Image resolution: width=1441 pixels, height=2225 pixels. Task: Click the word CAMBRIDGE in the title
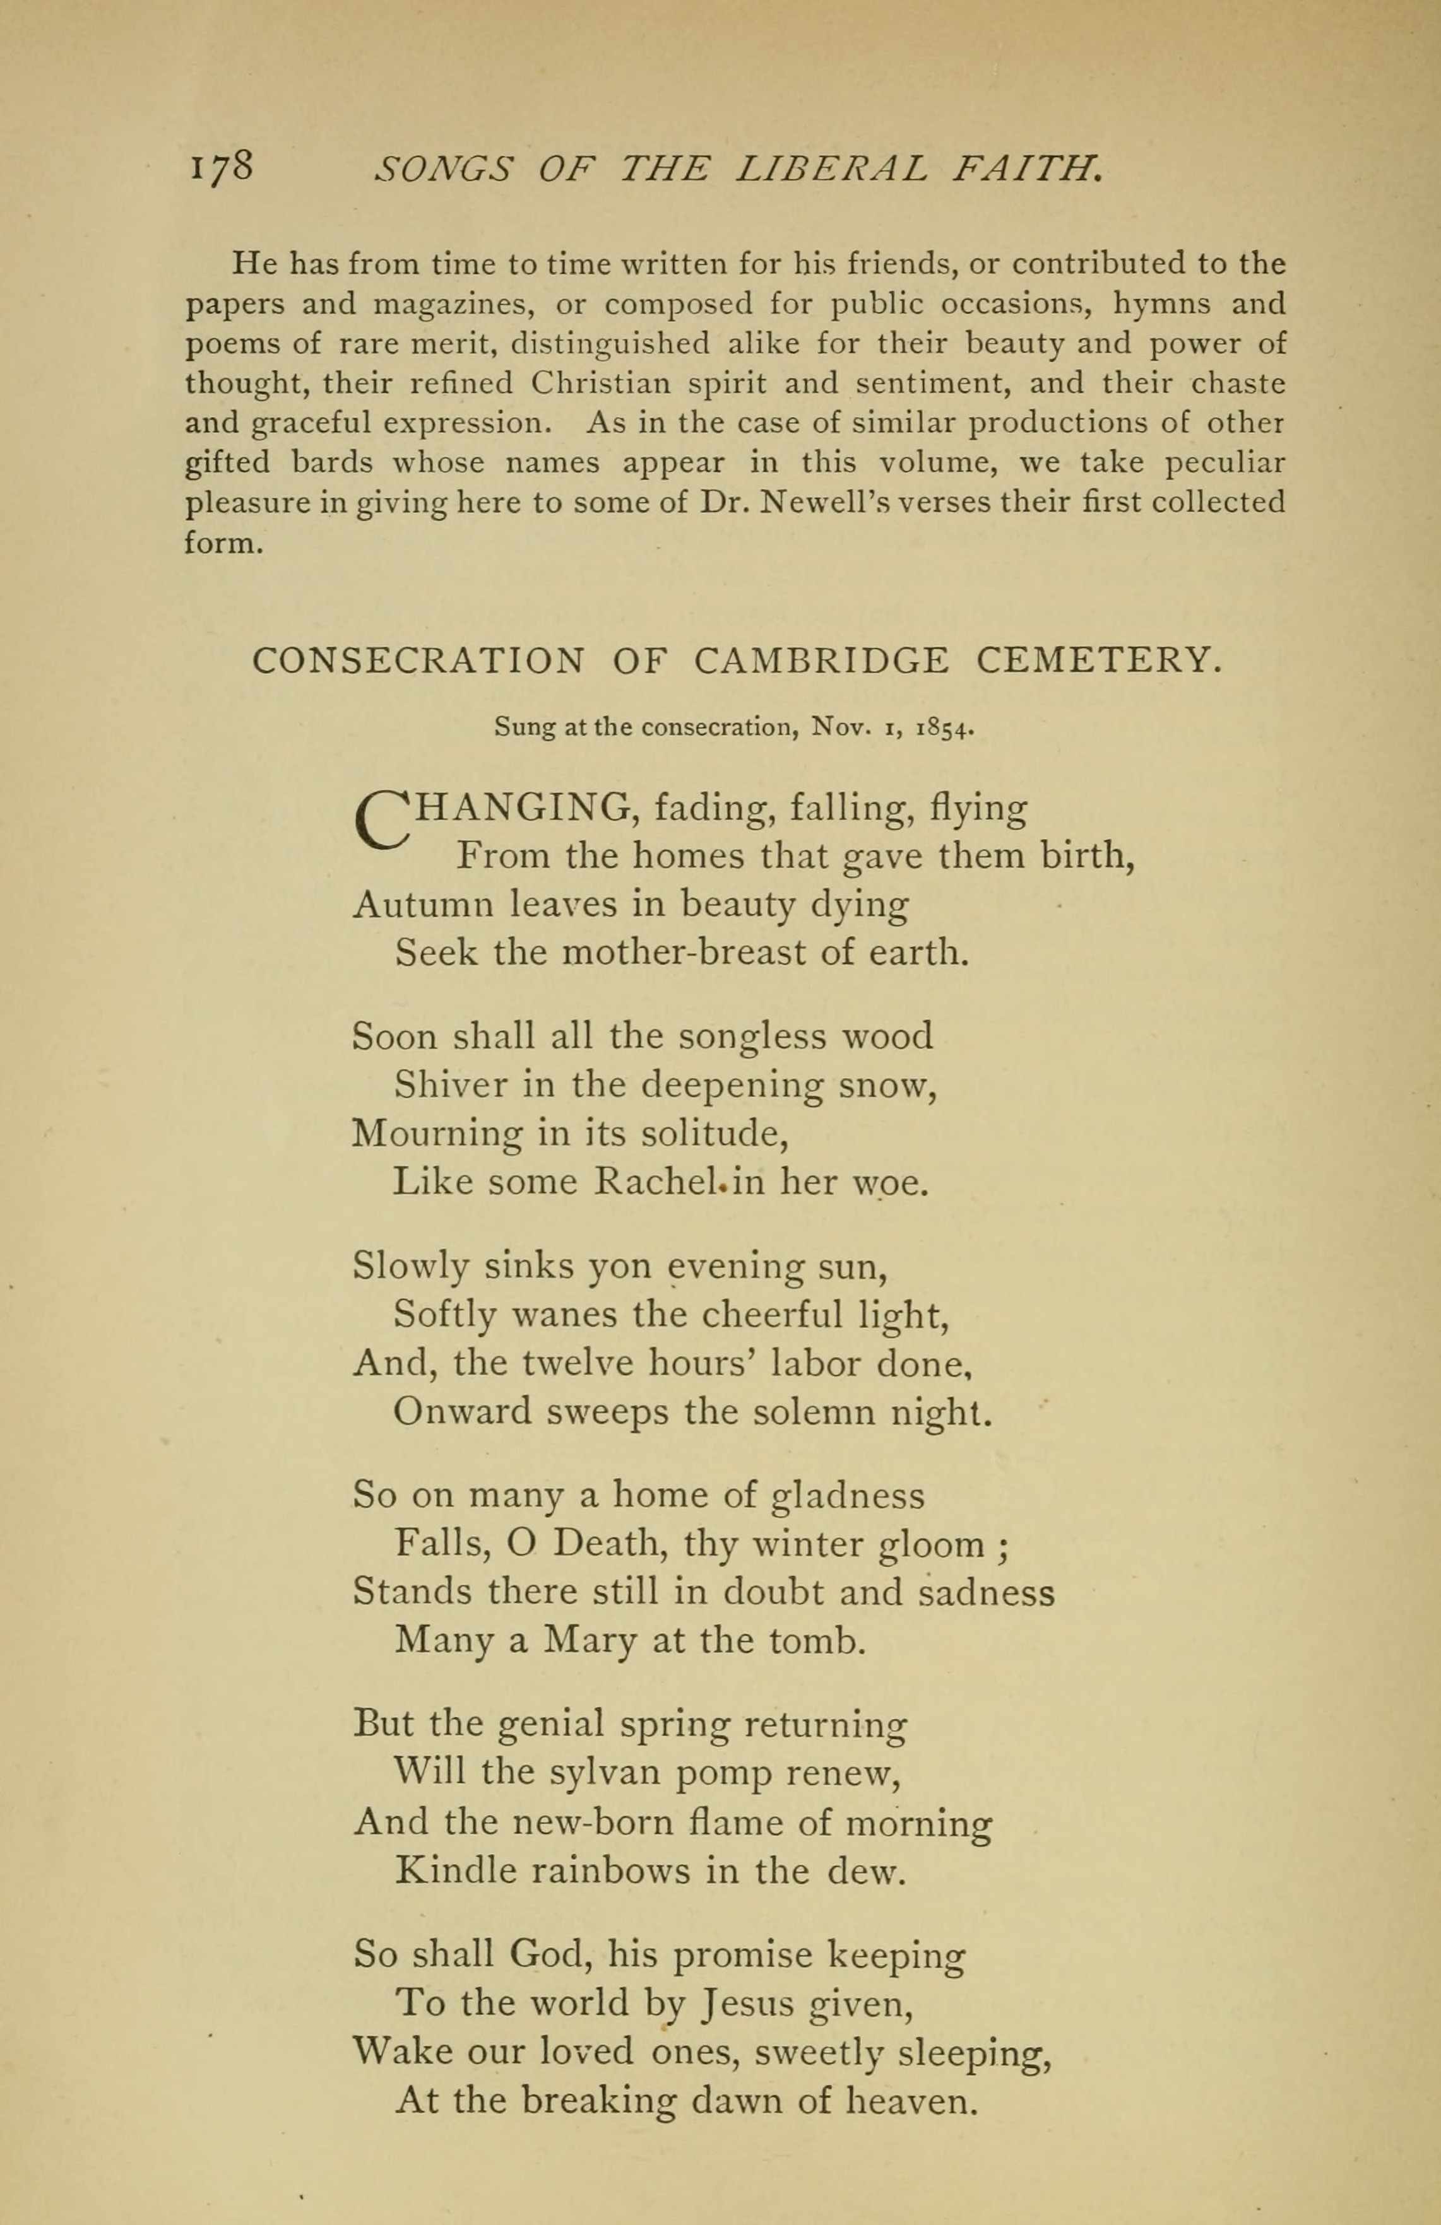(x=821, y=661)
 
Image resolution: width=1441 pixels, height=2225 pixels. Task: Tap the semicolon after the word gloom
(x=1002, y=1546)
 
